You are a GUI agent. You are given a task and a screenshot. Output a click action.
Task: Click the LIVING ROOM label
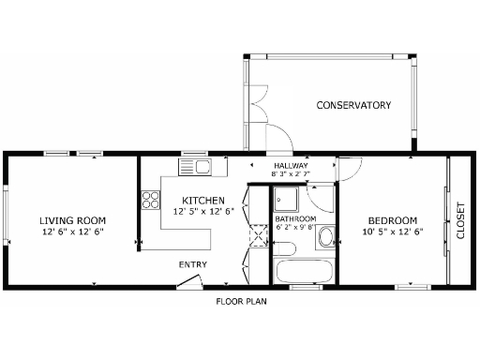pyautogui.click(x=71, y=220)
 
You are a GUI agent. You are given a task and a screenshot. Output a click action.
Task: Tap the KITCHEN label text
pyautogui.click(x=202, y=201)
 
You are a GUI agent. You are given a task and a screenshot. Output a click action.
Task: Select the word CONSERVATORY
pyautogui.click(x=352, y=105)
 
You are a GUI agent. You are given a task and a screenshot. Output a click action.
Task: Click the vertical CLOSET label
pyautogui.click(x=459, y=220)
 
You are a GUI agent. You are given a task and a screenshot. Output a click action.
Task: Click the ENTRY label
pyautogui.click(x=192, y=264)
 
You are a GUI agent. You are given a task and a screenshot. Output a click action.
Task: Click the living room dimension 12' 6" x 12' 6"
pyautogui.click(x=71, y=232)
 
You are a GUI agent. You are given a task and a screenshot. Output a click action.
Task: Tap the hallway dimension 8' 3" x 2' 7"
pyautogui.click(x=290, y=174)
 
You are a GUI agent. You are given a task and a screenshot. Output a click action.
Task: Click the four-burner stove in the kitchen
pyautogui.click(x=149, y=200)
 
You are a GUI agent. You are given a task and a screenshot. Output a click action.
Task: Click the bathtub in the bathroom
pyautogui.click(x=304, y=272)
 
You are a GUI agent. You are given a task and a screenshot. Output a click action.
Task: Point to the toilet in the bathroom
pyautogui.click(x=286, y=249)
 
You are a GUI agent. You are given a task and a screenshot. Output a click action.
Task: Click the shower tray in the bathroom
pyautogui.click(x=285, y=200)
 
